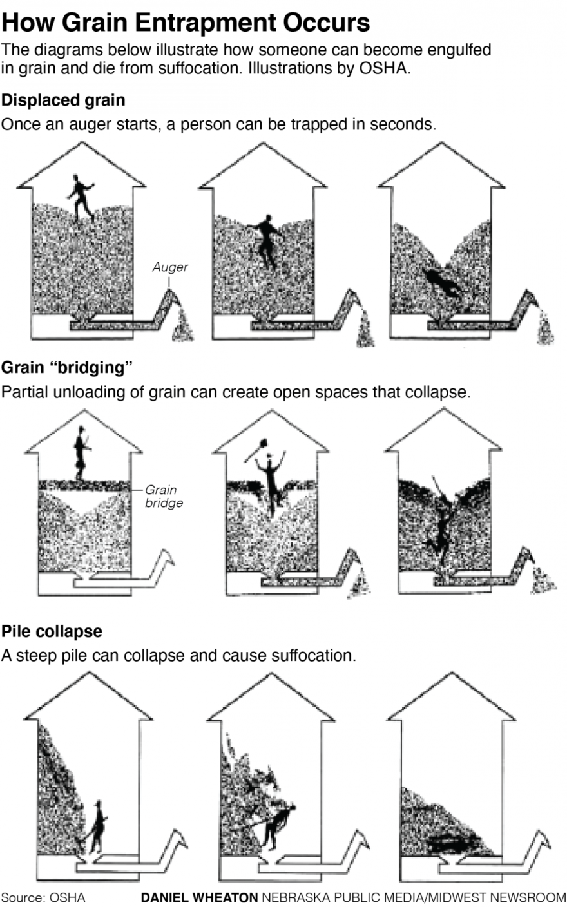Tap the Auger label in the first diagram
click(170, 267)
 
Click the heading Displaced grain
click(63, 100)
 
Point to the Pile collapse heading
click(52, 631)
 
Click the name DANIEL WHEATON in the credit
click(199, 897)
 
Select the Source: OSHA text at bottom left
click(43, 897)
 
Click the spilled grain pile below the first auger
click(183, 326)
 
